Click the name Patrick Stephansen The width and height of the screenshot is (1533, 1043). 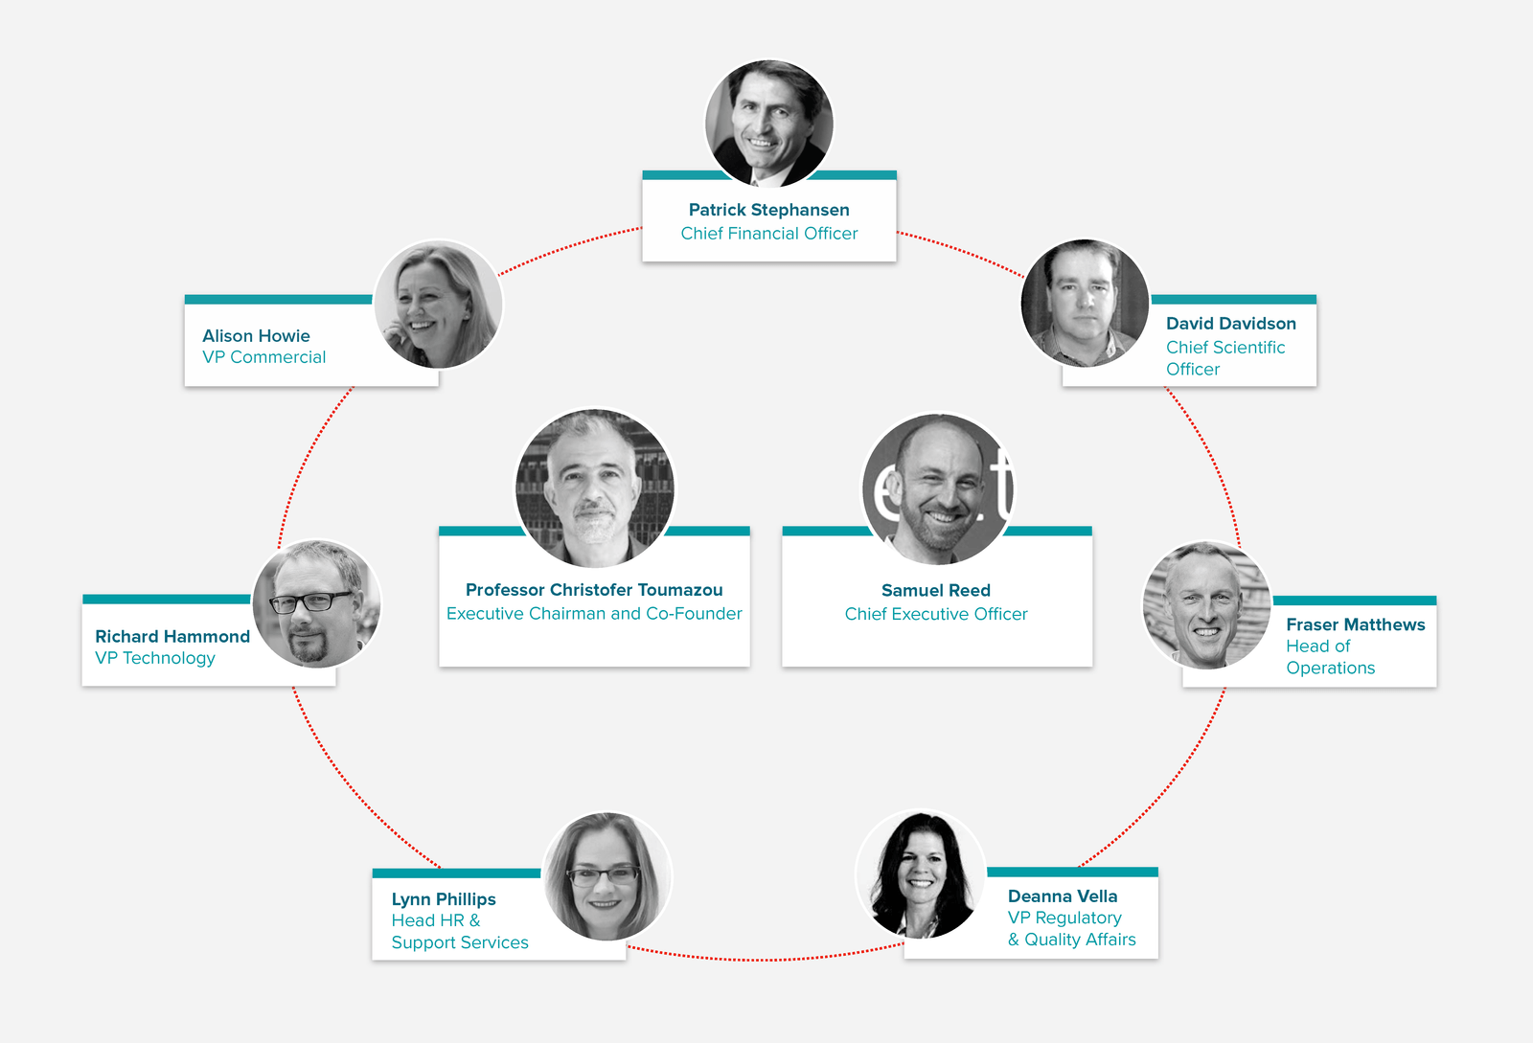pos(768,210)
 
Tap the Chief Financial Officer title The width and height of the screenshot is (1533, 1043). pos(768,234)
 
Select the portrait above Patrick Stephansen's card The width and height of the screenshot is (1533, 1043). pos(769,124)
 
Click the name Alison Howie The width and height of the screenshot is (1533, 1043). pos(256,336)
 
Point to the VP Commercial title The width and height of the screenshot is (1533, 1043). pos(263,357)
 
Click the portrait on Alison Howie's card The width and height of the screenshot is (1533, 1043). pos(438,305)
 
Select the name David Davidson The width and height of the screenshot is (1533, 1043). pos(1230,324)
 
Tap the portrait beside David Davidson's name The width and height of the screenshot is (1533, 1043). pos(1085,303)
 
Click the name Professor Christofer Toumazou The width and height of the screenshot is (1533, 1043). pos(594,590)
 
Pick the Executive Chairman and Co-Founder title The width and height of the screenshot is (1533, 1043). pos(594,614)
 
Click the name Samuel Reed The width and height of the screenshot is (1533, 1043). pos(935,590)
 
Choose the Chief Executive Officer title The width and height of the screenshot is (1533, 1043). pos(935,614)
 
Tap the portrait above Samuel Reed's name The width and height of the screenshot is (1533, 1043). pos(938,489)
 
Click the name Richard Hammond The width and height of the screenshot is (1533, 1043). pos(172,637)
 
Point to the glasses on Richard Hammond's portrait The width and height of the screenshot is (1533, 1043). pos(311,601)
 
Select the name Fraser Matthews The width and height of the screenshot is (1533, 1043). pos(1355,624)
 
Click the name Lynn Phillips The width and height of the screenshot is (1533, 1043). pos(444,899)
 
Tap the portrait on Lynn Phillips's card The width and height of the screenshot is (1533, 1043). pos(607,876)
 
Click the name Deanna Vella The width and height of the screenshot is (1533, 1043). pos(1063,896)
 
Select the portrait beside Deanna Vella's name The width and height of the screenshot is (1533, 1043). pos(921,874)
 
